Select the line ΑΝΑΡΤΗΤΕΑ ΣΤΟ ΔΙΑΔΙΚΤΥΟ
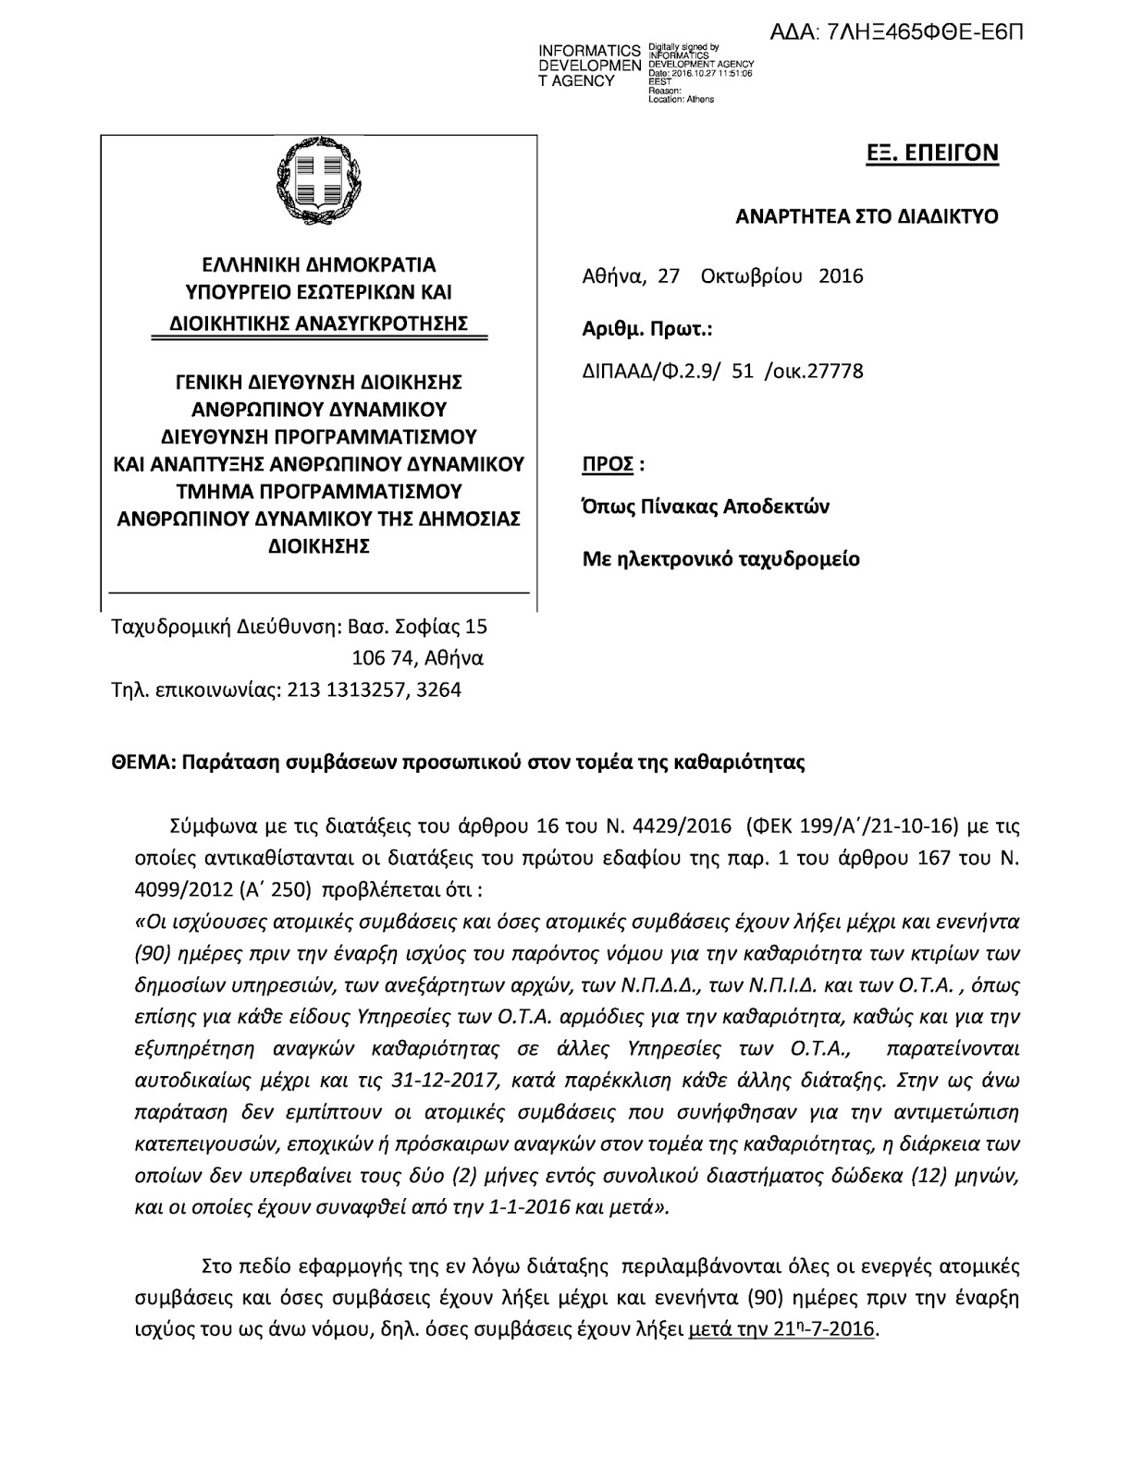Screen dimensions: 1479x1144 click(867, 217)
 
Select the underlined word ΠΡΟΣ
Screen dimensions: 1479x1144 click(608, 463)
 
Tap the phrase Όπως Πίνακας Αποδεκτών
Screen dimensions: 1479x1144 click(706, 507)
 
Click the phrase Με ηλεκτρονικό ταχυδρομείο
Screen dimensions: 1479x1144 click(720, 558)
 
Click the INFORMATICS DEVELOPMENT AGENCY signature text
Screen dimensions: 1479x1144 click(589, 66)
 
